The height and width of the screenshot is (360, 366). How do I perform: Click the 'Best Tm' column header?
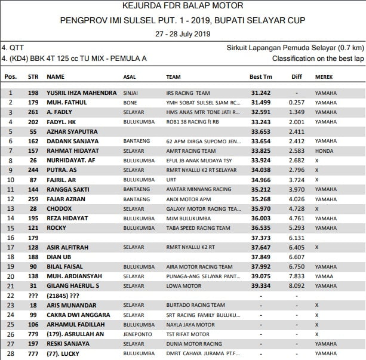click(x=260, y=77)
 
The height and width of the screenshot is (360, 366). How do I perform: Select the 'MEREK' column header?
click(x=324, y=77)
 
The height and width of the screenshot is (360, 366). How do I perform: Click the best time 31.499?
click(x=261, y=103)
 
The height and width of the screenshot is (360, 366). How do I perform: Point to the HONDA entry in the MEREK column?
click(x=324, y=151)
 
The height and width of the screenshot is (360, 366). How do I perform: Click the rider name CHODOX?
click(x=59, y=208)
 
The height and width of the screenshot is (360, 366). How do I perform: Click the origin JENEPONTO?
click(x=137, y=334)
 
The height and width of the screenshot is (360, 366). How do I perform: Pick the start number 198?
click(x=33, y=93)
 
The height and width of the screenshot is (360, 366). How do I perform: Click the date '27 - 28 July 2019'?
click(x=183, y=34)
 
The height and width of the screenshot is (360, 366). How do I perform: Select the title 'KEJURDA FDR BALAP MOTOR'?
click(x=183, y=6)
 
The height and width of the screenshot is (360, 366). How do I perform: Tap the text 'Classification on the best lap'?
click(x=318, y=59)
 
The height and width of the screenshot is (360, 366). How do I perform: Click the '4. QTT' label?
click(x=13, y=47)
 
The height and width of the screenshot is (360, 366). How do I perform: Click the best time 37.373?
click(x=261, y=238)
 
